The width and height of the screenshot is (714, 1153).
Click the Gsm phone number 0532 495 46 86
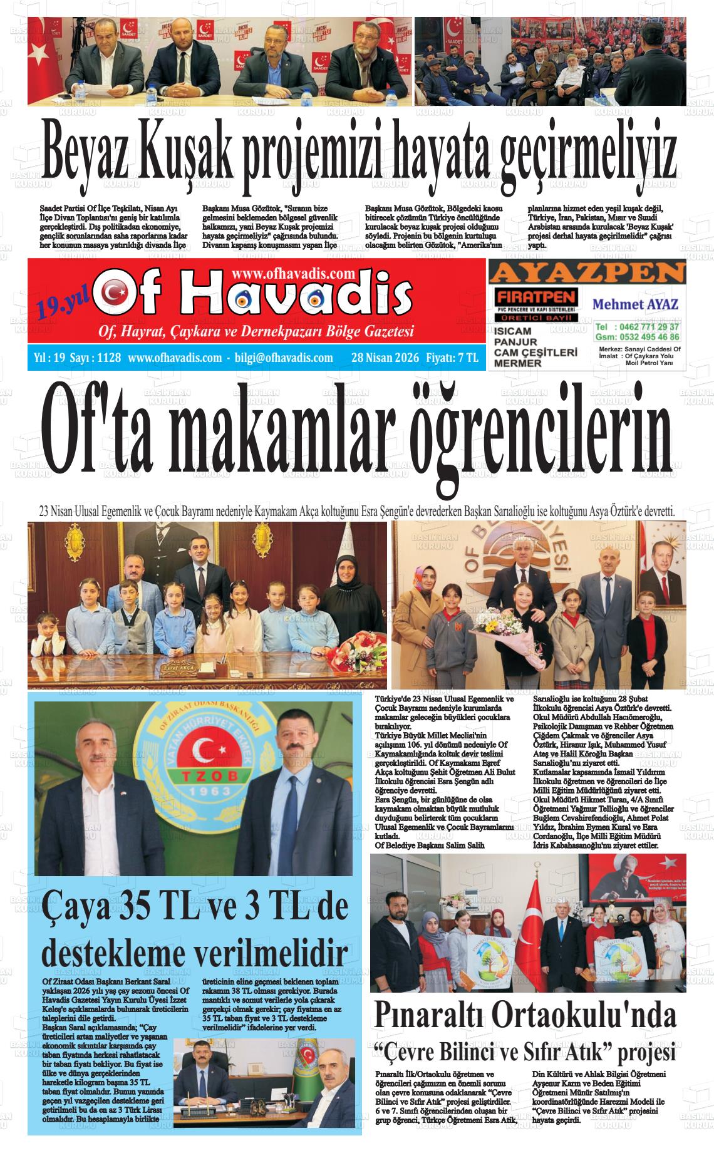tap(648, 336)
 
